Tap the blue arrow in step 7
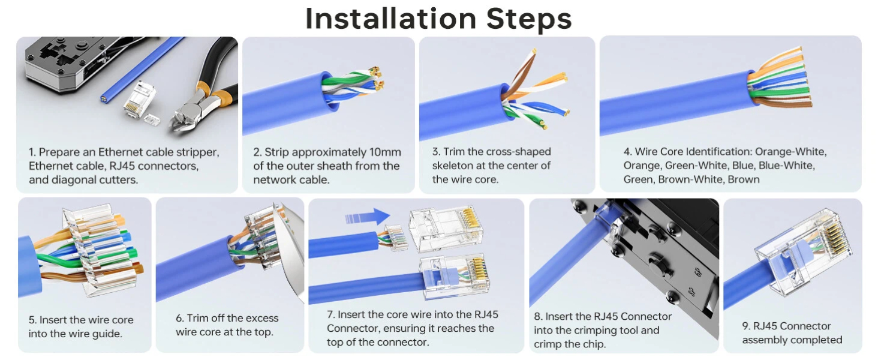368,217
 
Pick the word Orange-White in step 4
790,152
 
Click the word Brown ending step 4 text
744,179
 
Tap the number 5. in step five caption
33,320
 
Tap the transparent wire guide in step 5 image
96,252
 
